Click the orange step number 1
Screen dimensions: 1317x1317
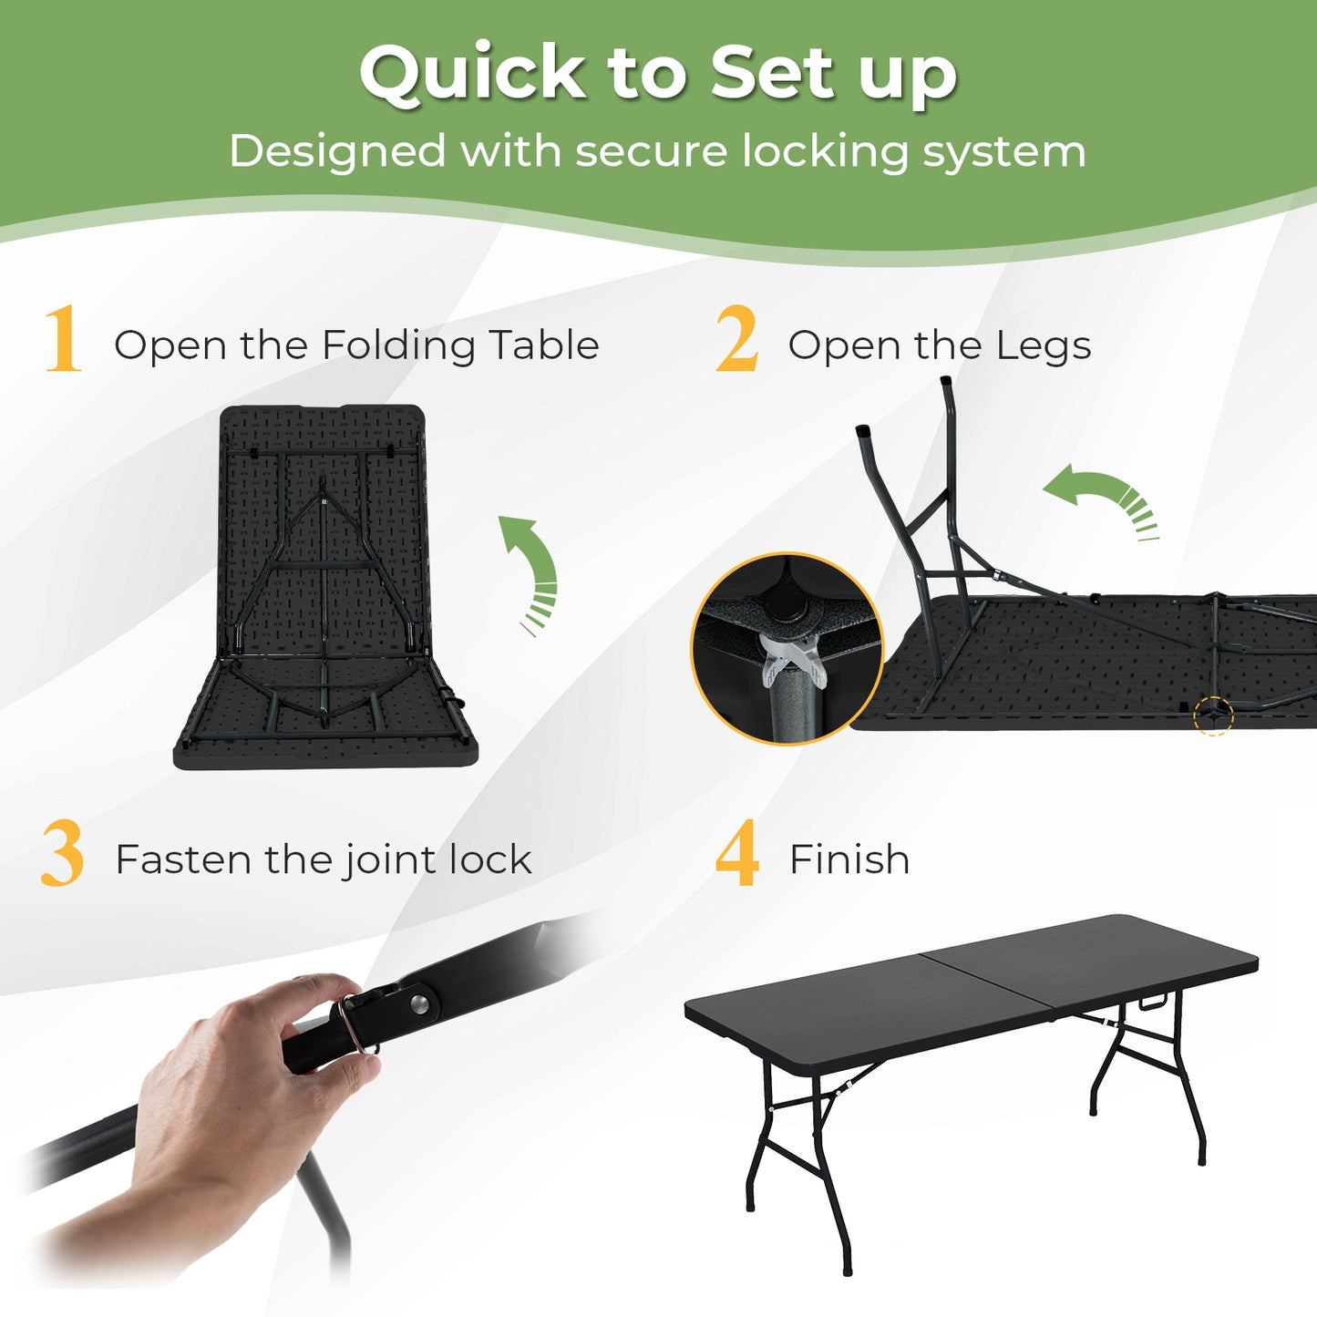click(63, 340)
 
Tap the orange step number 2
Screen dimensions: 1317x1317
click(736, 340)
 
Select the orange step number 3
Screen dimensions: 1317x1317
click(62, 854)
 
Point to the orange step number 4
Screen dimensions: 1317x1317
click(736, 854)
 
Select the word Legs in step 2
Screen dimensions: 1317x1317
click(1043, 346)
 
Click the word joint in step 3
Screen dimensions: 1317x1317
click(376, 860)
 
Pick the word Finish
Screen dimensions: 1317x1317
click(849, 859)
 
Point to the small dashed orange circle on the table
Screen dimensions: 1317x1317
click(1213, 715)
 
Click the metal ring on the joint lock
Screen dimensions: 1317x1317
click(354, 1025)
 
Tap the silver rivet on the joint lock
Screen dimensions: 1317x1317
click(419, 1003)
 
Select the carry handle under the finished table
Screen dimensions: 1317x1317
click(1152, 1003)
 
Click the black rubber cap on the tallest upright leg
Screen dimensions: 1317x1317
click(945, 382)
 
